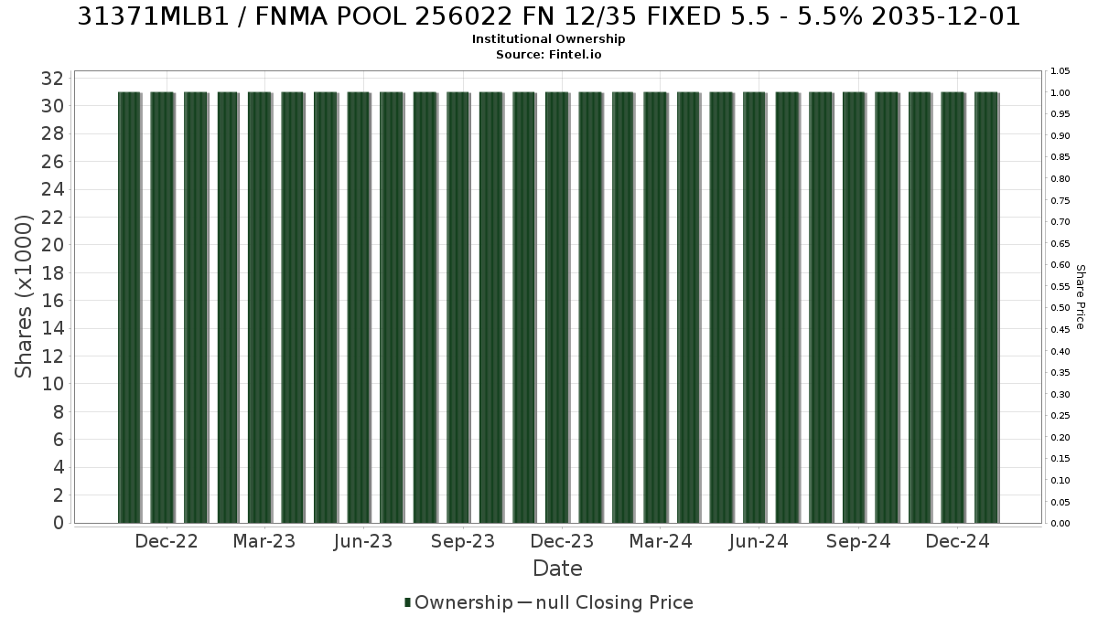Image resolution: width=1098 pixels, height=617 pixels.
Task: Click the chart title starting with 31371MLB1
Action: click(x=548, y=16)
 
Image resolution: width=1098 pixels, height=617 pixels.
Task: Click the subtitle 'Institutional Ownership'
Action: click(x=548, y=39)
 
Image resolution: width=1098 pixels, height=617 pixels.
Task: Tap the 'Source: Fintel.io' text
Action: click(x=548, y=54)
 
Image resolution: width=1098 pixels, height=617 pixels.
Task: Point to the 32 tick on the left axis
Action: click(x=52, y=79)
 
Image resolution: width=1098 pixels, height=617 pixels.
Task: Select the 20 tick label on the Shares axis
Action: click(x=52, y=245)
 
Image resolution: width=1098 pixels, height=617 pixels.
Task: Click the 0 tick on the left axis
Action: click(x=59, y=523)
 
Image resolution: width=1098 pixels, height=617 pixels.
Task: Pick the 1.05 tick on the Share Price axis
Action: click(x=1060, y=71)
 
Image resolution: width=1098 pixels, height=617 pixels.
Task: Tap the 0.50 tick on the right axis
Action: click(x=1060, y=308)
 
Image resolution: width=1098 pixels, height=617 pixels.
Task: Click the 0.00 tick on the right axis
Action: click(x=1060, y=524)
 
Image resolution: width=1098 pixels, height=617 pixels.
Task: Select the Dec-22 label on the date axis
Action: click(x=167, y=541)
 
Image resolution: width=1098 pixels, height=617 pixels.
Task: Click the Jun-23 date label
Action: click(x=363, y=541)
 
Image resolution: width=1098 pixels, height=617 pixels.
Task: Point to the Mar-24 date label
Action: click(x=661, y=541)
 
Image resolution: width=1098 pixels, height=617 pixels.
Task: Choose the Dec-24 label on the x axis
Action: click(x=957, y=541)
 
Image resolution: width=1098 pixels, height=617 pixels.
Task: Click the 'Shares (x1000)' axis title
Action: click(x=23, y=297)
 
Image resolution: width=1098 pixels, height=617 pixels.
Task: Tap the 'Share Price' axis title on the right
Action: click(x=1081, y=297)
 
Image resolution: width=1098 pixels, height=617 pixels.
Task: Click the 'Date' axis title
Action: click(x=557, y=569)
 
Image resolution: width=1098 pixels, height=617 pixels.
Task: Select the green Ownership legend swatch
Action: click(x=407, y=602)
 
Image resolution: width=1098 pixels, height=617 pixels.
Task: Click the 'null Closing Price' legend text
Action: click(x=615, y=602)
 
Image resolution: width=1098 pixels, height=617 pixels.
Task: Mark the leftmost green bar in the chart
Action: click(x=129, y=307)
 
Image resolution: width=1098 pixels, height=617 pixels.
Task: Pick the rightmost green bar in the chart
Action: click(x=985, y=307)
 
